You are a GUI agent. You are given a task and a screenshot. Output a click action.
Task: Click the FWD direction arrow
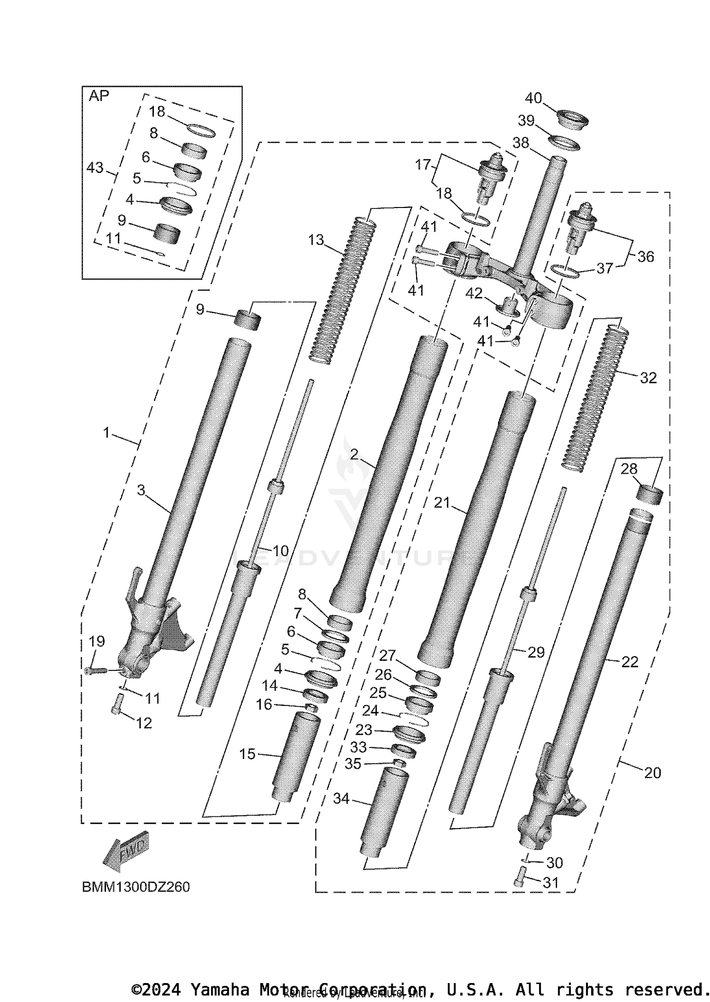[x=126, y=851]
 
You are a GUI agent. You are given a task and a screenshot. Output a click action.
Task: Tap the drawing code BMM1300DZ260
[x=136, y=887]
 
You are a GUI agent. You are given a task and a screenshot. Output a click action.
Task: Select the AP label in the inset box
[x=99, y=96]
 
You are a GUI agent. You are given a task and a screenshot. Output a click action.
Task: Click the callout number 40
[x=533, y=98]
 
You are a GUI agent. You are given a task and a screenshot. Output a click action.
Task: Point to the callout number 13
[x=316, y=240]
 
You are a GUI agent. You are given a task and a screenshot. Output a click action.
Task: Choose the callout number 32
[x=648, y=378]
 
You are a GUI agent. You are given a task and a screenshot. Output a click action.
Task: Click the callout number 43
[x=95, y=167]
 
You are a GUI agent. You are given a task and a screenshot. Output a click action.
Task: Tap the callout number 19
[x=97, y=641]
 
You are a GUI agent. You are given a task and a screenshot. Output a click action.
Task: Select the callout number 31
[x=550, y=883]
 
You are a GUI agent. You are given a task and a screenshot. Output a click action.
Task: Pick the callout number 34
[x=341, y=799]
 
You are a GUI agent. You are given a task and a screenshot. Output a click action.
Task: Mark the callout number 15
[x=247, y=754]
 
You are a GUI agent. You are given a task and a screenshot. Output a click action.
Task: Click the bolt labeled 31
[x=519, y=876]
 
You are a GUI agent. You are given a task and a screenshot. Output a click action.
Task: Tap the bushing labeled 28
[x=649, y=493]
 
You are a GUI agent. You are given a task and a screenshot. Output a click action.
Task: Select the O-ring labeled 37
[x=566, y=272]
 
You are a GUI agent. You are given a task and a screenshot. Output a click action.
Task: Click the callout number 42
[x=474, y=294]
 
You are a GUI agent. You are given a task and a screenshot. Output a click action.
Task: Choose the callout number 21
[x=442, y=503]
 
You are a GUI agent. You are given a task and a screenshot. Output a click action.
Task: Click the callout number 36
[x=646, y=257]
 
